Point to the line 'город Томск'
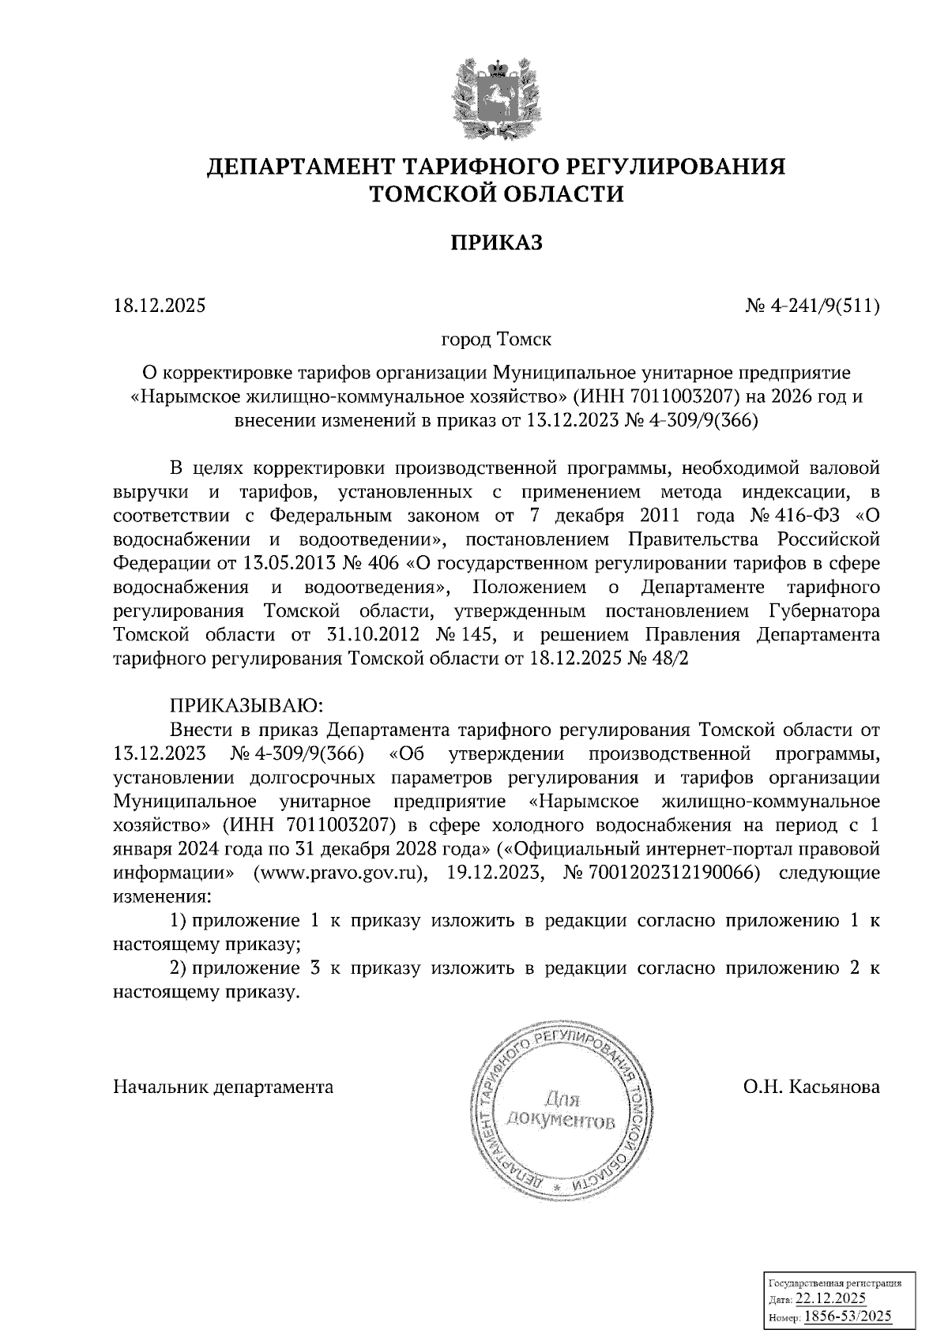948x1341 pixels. coord(496,340)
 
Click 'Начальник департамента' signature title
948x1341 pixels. coord(224,1087)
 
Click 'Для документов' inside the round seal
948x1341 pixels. coord(561,1110)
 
